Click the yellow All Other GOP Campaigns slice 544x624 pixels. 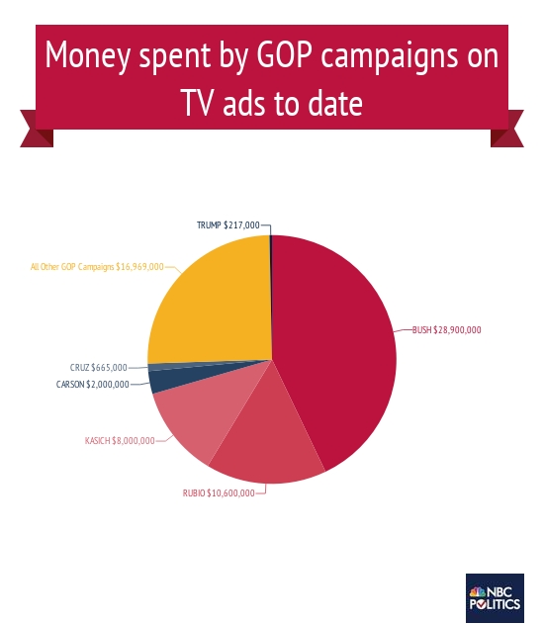(213, 302)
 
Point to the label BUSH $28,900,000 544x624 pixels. (446, 329)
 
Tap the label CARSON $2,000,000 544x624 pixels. (92, 384)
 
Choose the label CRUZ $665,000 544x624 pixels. (98, 367)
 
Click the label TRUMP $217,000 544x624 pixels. (227, 225)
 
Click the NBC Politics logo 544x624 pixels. (495, 597)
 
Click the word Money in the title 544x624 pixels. (87, 58)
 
